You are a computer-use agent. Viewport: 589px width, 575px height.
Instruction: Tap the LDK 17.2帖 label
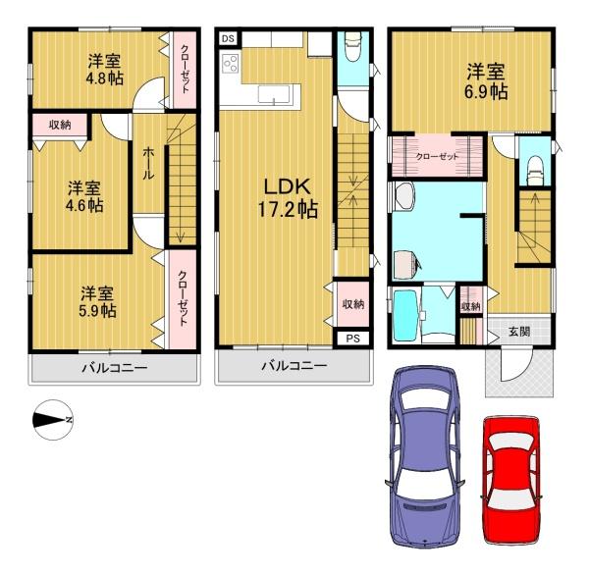287,196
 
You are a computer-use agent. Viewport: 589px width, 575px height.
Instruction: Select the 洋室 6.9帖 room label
486,80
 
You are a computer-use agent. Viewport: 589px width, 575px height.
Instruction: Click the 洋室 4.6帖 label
84,196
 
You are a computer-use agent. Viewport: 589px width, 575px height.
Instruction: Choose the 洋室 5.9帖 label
96,301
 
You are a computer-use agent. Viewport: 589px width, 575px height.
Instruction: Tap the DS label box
228,38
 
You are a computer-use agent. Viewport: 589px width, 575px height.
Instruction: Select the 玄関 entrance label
519,332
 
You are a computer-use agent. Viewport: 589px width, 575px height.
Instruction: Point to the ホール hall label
148,163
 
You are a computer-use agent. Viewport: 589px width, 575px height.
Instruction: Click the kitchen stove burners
233,65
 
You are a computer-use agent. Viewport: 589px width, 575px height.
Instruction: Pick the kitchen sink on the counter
271,94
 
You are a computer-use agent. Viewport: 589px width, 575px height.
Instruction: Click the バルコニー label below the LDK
294,367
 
